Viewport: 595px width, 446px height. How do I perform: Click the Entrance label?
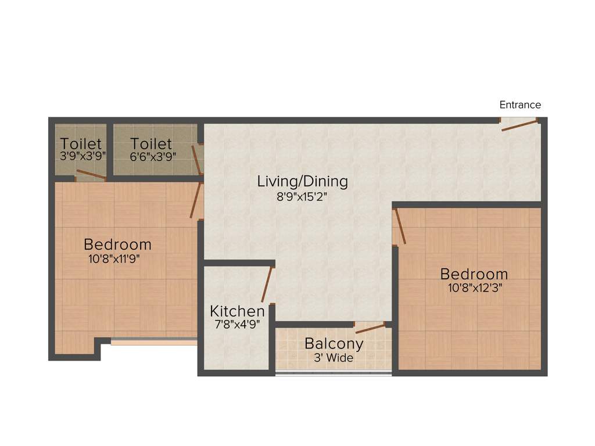pyautogui.click(x=520, y=105)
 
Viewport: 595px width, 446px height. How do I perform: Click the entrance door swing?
pyautogui.click(x=519, y=125)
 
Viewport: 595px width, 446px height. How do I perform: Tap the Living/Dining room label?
pyautogui.click(x=302, y=181)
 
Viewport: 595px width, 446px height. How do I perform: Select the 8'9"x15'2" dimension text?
pyautogui.click(x=302, y=196)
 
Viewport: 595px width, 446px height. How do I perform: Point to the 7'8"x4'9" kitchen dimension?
pyautogui.click(x=237, y=324)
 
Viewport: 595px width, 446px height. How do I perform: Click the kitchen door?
pyautogui.click(x=267, y=285)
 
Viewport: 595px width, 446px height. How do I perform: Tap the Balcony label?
pyautogui.click(x=334, y=343)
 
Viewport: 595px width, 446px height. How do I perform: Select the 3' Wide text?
pyautogui.click(x=334, y=358)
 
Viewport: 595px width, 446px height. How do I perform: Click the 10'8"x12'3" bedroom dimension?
pyautogui.click(x=474, y=287)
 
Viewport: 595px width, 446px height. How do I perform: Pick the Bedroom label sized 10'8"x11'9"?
pyautogui.click(x=117, y=244)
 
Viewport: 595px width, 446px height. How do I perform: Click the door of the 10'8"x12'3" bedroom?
pyautogui.click(x=400, y=226)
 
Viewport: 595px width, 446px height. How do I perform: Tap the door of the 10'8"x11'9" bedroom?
pyautogui.click(x=196, y=201)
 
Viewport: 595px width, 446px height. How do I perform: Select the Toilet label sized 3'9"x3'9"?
pyautogui.click(x=81, y=143)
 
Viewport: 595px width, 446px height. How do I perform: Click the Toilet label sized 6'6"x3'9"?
pyautogui.click(x=150, y=143)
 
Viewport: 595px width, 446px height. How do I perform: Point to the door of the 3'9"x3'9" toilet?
pyautogui.click(x=91, y=175)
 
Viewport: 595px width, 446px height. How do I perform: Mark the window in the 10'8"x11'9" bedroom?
pyautogui.click(x=154, y=342)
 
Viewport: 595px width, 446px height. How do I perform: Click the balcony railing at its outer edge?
pyautogui.click(x=333, y=373)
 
